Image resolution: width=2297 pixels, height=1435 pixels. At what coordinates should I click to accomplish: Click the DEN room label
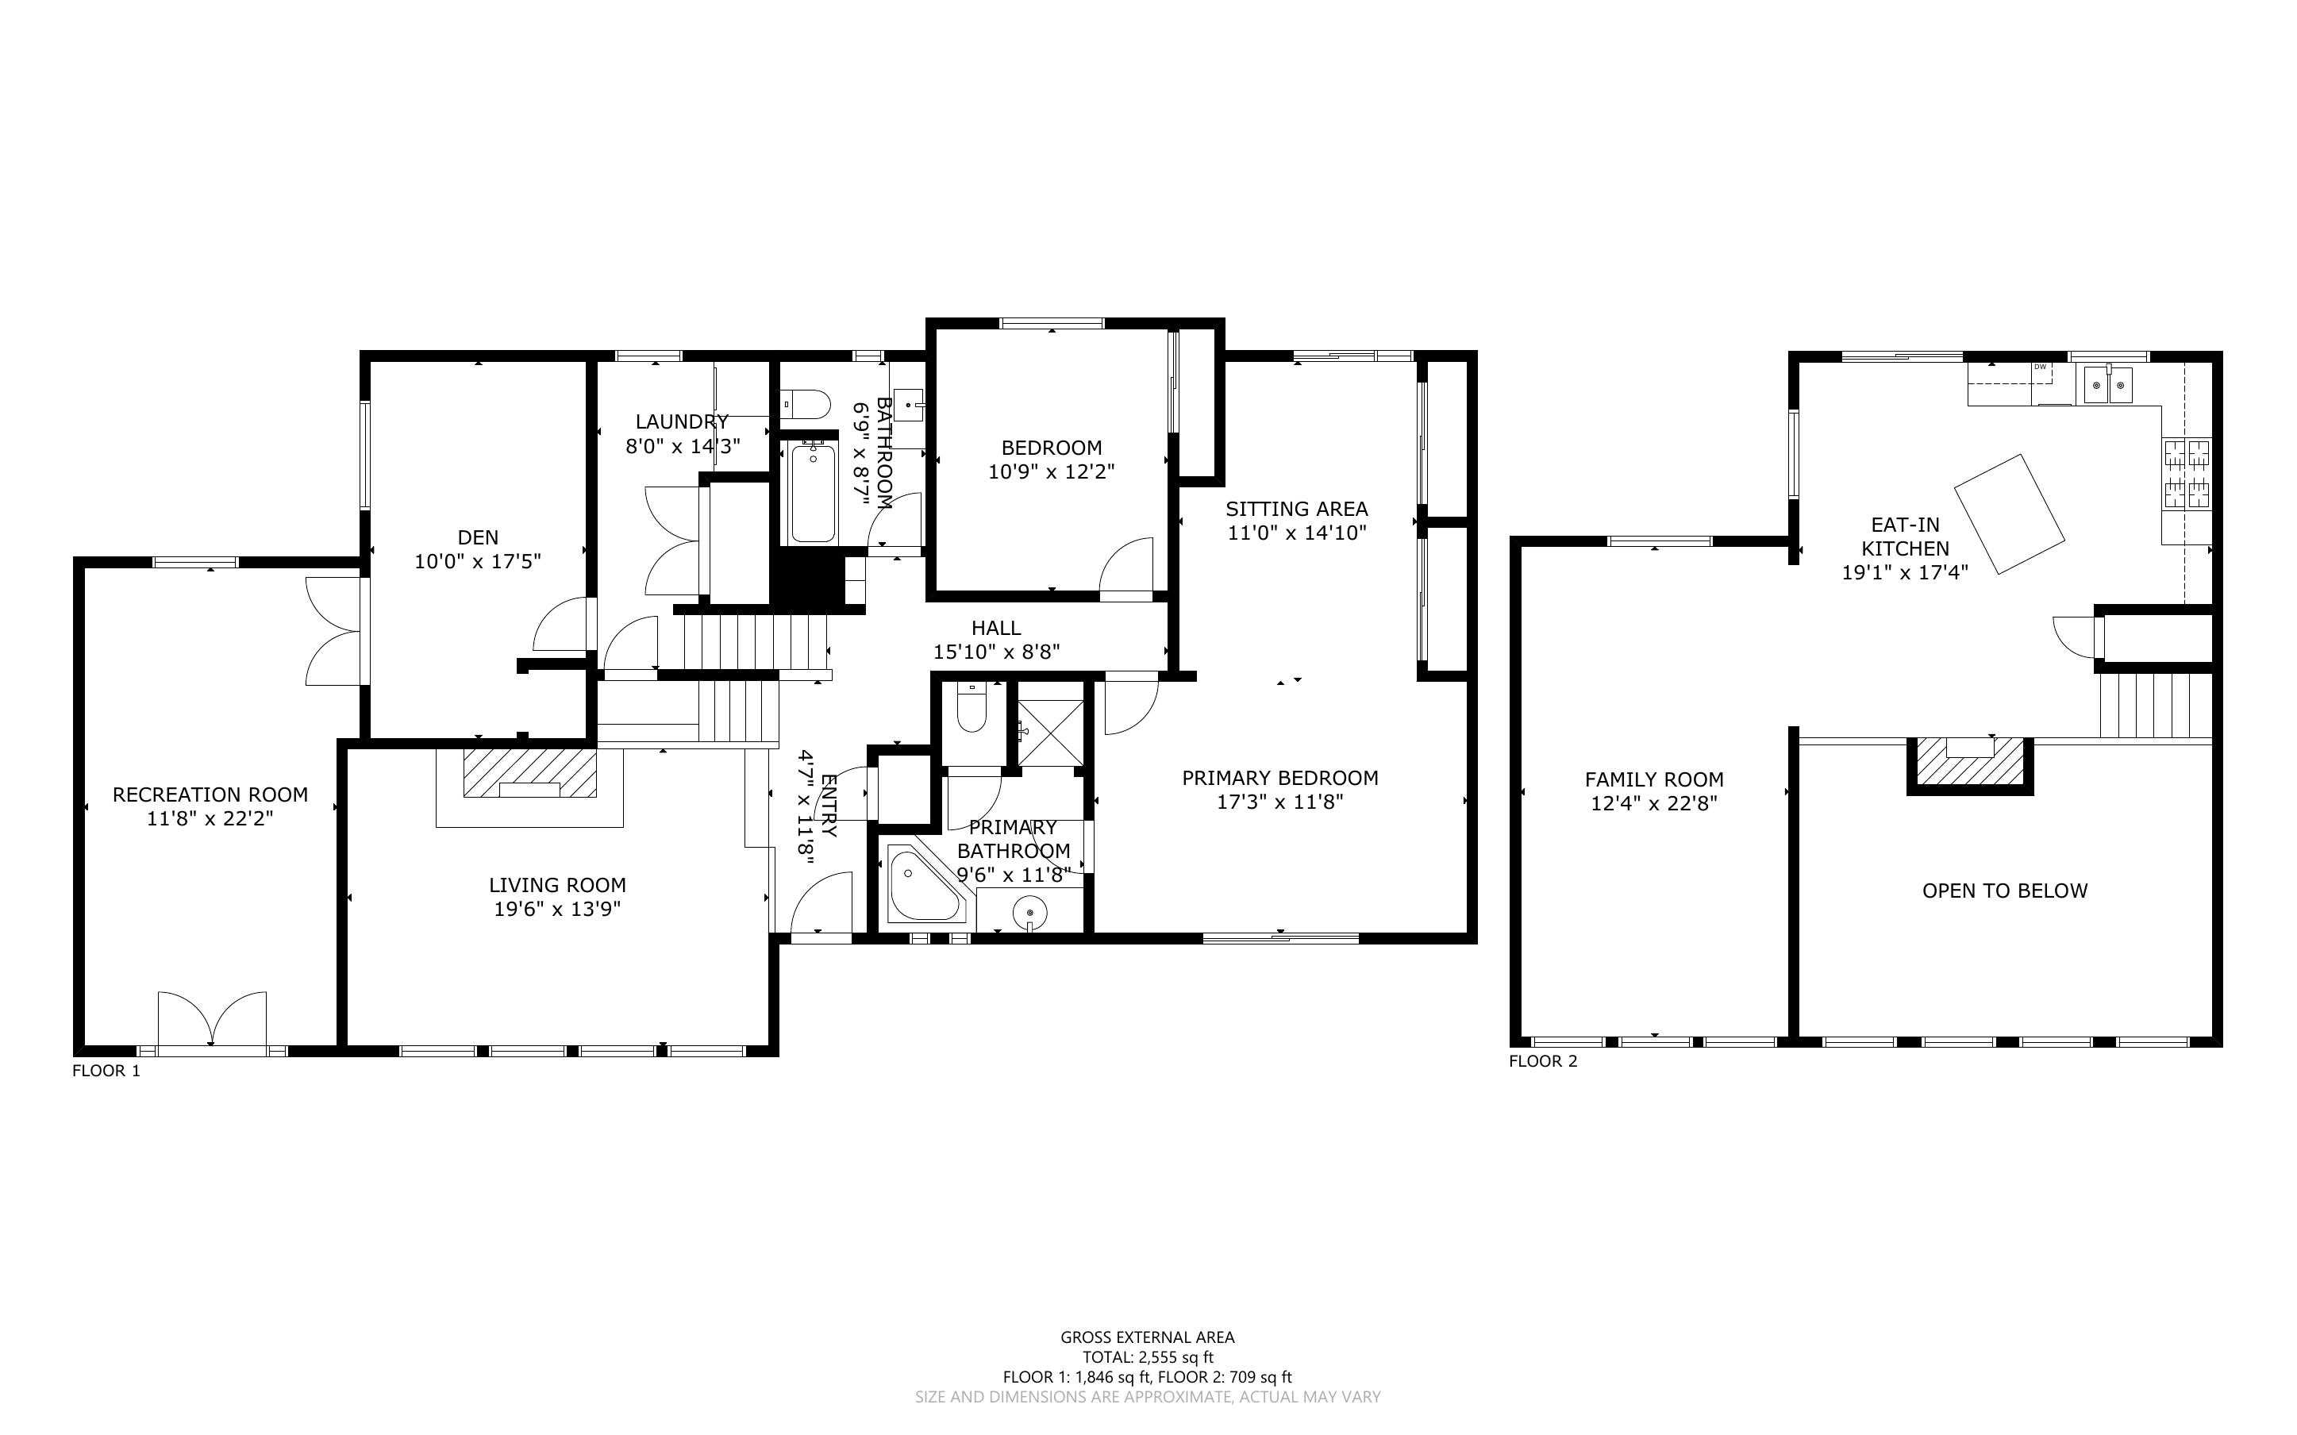[477, 537]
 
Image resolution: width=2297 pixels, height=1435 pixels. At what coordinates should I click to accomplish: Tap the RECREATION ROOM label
[210, 794]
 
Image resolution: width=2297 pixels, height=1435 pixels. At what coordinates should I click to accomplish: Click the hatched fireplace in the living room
[529, 774]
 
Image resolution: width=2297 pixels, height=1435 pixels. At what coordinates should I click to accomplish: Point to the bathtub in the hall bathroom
[813, 493]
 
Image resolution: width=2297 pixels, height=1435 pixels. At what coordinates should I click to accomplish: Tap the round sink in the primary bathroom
[1029, 913]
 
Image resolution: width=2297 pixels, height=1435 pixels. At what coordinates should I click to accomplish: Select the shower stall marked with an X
[1050, 732]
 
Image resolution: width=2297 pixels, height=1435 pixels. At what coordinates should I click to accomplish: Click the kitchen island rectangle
[2010, 514]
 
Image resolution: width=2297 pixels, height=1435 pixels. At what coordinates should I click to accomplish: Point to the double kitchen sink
[2108, 385]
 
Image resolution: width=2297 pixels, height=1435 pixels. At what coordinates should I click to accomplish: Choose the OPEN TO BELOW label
[2005, 891]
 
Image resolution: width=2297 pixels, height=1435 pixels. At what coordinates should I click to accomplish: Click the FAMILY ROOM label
[1654, 779]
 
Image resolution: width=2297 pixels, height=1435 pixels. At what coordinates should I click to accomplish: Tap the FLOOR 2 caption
[1543, 1061]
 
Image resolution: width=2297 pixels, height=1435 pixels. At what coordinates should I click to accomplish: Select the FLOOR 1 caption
[106, 1071]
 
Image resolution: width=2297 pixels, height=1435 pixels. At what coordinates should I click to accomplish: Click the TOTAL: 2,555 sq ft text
[1148, 1357]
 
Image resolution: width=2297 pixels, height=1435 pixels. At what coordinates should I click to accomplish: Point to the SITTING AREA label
[1296, 509]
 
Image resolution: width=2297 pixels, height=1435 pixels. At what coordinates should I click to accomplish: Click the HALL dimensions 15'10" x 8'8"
[996, 651]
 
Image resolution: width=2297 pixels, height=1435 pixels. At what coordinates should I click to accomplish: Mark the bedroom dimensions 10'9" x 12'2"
[1051, 471]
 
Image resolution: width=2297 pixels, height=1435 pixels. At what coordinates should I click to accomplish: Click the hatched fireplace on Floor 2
[1971, 763]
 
